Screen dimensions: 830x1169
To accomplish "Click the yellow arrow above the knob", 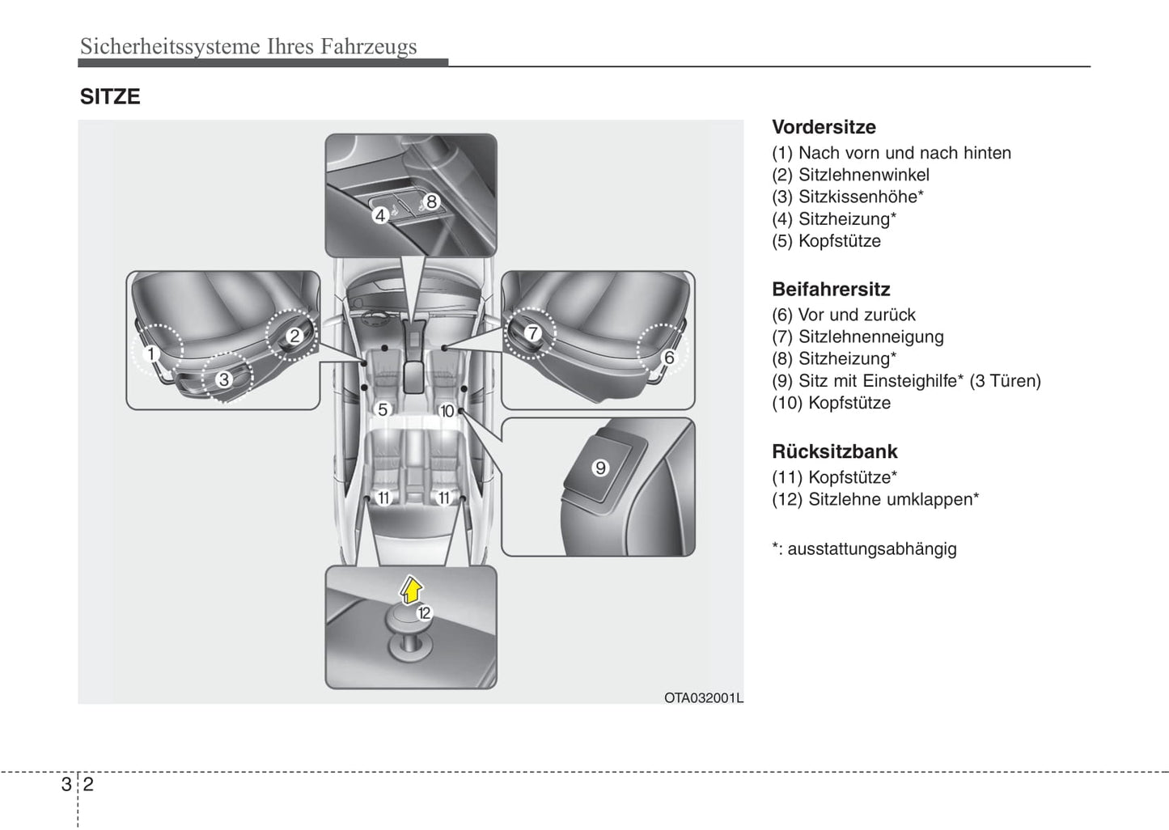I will pyautogui.click(x=412, y=590).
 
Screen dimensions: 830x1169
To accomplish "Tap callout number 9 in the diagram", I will pyautogui.click(x=600, y=468).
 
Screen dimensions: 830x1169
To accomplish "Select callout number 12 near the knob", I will pyautogui.click(x=424, y=613).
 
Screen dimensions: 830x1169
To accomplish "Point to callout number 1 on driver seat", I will pyautogui.click(x=150, y=354).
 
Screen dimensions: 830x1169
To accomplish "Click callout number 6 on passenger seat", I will pyautogui.click(x=669, y=358).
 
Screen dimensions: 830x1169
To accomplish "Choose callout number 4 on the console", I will pyautogui.click(x=380, y=215).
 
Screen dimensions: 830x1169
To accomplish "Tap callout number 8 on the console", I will pyautogui.click(x=431, y=201).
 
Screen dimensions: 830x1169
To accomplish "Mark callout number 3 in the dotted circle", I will pyautogui.click(x=223, y=379).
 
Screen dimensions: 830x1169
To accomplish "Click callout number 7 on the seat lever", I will pyautogui.click(x=532, y=332).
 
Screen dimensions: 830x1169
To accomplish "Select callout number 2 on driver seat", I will pyautogui.click(x=294, y=336).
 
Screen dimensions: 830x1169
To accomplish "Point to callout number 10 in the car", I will pyautogui.click(x=447, y=411).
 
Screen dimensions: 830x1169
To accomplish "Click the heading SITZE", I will pyautogui.click(x=110, y=97).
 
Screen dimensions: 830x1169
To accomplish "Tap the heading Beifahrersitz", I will pyautogui.click(x=831, y=290).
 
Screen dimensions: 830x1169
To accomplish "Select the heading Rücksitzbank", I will pyautogui.click(x=835, y=451).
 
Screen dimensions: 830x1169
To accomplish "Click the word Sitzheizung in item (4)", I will pyautogui.click(x=844, y=219).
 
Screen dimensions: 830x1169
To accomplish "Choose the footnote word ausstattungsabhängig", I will pyautogui.click(x=872, y=549).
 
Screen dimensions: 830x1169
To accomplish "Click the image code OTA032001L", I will pyautogui.click(x=703, y=697).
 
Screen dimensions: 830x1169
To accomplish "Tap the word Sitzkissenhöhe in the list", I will pyautogui.click(x=858, y=197).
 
